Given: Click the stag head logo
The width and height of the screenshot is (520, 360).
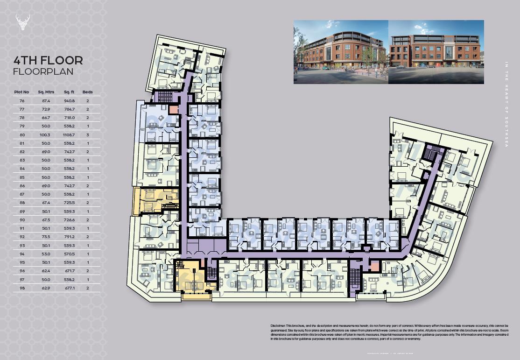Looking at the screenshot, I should [23, 22].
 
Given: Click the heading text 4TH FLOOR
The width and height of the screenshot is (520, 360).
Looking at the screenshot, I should [49, 60].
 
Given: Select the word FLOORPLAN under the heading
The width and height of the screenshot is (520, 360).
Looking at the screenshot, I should [43, 71].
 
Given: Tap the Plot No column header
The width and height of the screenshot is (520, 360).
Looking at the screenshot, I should [22, 92].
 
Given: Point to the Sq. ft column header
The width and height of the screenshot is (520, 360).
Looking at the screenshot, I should [69, 92].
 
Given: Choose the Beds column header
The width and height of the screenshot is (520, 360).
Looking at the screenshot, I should [87, 92].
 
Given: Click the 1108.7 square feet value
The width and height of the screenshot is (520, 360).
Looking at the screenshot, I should [69, 135].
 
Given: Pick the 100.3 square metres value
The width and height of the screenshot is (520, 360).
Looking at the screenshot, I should [46, 135].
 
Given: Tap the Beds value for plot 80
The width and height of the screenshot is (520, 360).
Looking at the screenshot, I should [87, 135].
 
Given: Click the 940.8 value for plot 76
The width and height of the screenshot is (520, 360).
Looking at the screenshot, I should [69, 101].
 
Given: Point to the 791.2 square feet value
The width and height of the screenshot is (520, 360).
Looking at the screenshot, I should [69, 237].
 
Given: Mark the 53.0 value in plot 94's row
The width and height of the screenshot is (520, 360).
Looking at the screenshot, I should [46, 254].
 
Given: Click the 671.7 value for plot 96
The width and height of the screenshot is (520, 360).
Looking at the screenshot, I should [69, 271].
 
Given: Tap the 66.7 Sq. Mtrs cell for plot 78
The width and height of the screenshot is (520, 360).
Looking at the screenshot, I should [46, 118].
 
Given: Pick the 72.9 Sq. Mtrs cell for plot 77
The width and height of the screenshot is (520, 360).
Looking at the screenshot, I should [46, 109].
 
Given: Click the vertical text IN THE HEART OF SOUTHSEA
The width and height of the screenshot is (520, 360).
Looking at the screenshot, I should [506, 105].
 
